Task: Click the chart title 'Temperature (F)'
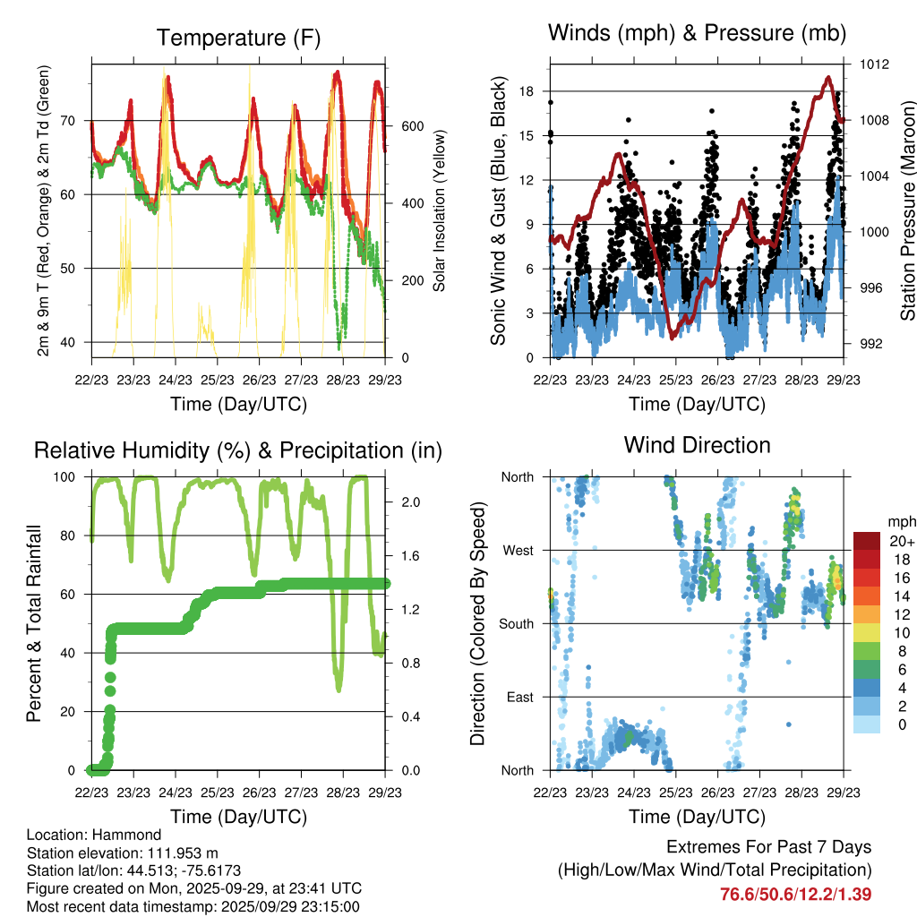238,38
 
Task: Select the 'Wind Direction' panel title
697,444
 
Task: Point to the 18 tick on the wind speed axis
527,91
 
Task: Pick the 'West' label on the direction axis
517,550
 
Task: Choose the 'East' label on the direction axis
518,697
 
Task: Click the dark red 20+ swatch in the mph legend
867,541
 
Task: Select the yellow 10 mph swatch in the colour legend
867,633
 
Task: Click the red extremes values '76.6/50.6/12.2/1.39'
796,894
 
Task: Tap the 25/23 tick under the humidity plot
217,793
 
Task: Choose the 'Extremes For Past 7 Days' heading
768,847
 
